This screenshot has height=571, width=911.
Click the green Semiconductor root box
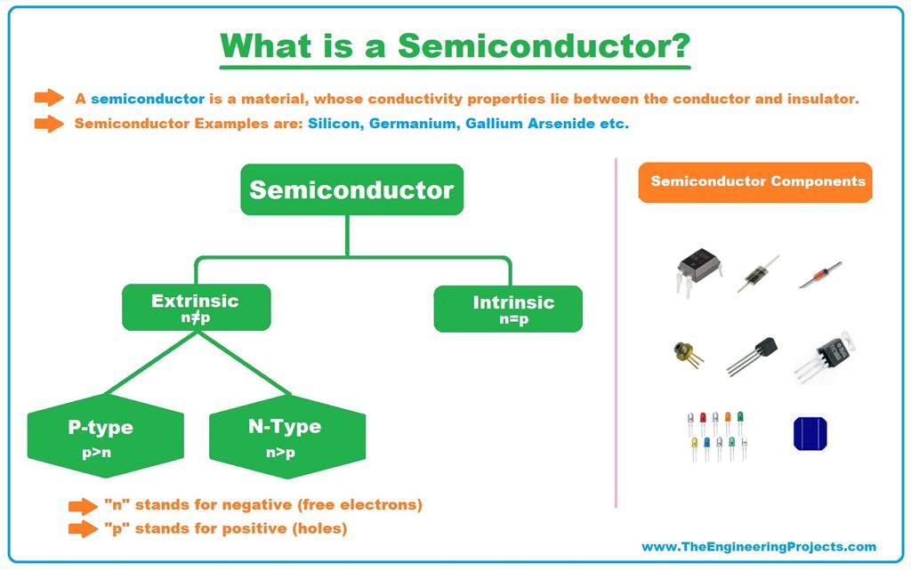pos(351,189)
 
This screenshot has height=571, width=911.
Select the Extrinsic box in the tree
pos(196,307)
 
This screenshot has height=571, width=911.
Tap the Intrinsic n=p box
pos(508,309)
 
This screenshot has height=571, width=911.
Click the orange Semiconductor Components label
pos(757,181)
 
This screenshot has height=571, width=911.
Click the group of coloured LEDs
pos(717,435)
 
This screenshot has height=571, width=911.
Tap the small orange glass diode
pos(819,275)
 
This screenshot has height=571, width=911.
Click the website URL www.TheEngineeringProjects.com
pos(758,547)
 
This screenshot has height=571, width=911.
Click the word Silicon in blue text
pos(334,124)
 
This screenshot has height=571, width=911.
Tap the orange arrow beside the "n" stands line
pos(83,505)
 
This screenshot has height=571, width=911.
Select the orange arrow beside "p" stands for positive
pos(83,529)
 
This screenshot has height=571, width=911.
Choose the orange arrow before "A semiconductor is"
pos(49,98)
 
